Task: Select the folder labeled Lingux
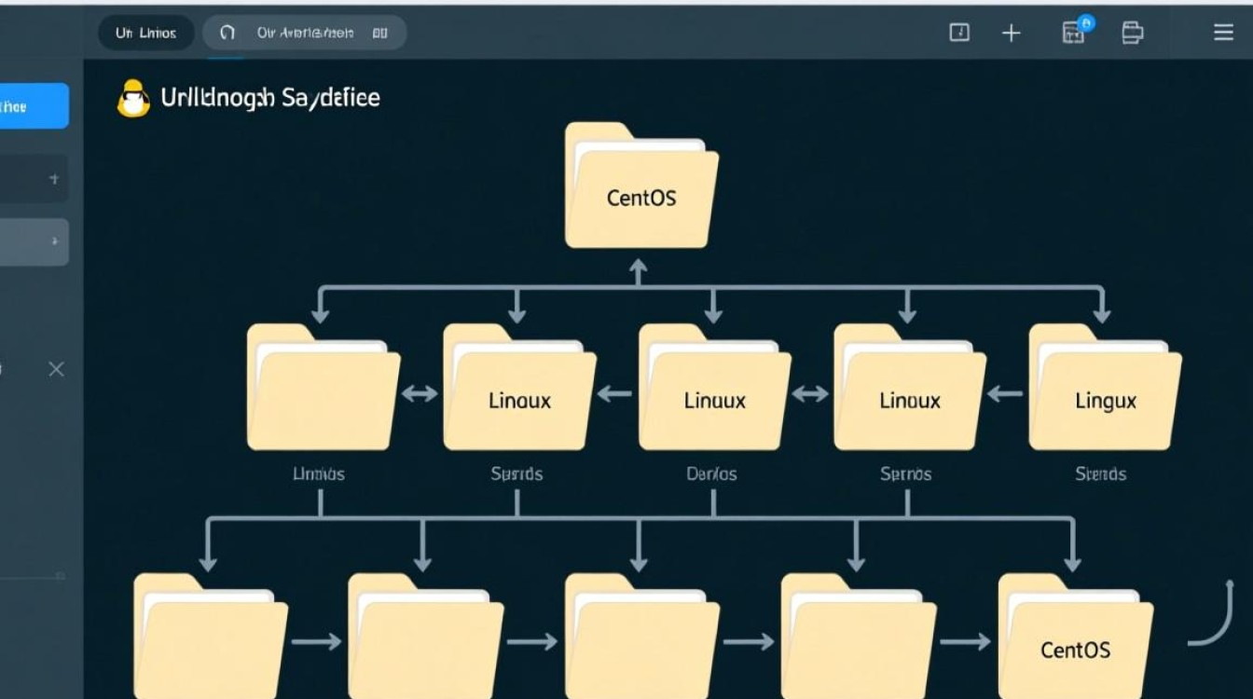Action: [1105, 391]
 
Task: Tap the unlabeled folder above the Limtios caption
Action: [323, 391]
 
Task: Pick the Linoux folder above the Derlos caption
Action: [714, 391]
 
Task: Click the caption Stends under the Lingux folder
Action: [1100, 474]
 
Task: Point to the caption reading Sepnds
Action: [516, 474]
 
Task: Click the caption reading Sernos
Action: [905, 474]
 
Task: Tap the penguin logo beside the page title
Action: [133, 99]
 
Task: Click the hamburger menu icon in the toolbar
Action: [1223, 34]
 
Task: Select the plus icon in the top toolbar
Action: [1011, 34]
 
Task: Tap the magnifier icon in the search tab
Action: [227, 34]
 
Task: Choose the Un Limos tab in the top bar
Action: [145, 34]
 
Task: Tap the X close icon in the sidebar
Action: [56, 370]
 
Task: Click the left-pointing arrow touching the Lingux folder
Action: [1005, 394]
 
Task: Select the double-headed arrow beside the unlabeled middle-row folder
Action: [420, 394]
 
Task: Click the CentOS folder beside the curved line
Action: [1074, 638]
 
